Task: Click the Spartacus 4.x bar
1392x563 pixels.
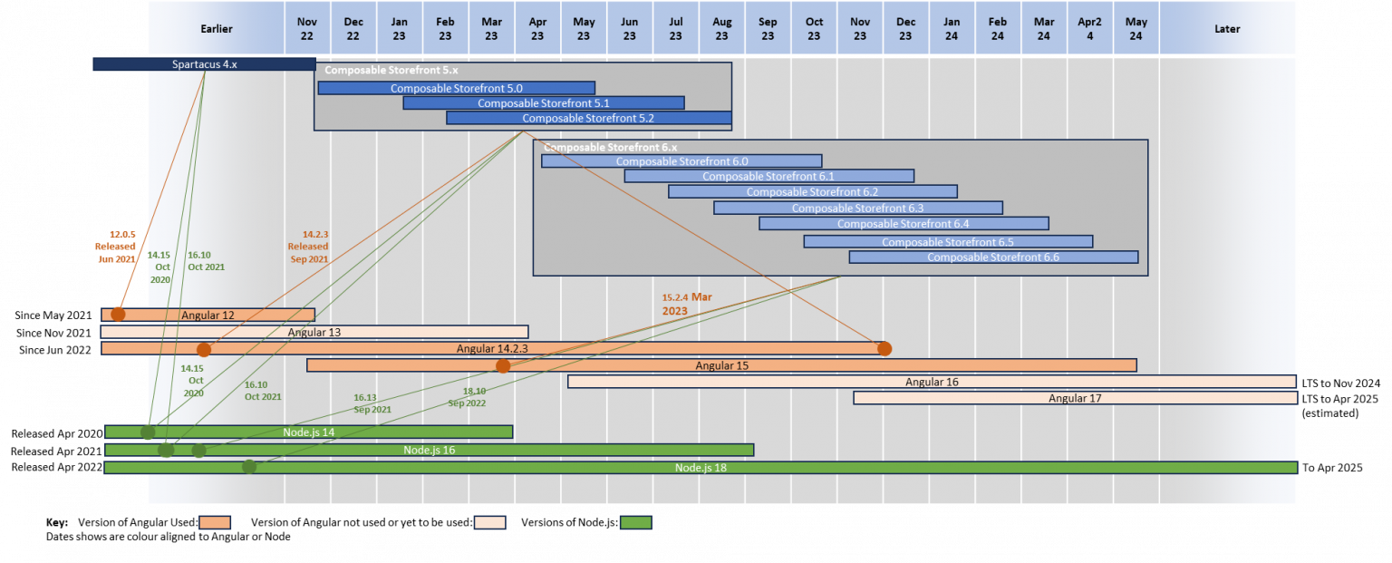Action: [204, 64]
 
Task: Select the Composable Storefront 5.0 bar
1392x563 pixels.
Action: [456, 88]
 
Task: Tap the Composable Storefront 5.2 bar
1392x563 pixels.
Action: [588, 118]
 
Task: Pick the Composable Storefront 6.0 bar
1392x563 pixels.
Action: [681, 161]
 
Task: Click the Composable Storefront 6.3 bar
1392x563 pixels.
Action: [857, 208]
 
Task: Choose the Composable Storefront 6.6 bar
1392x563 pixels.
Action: [992, 257]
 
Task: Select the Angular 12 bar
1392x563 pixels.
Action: [208, 315]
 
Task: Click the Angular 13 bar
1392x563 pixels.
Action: [314, 332]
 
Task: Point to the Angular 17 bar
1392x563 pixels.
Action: [1075, 398]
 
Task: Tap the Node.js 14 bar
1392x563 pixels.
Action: [308, 432]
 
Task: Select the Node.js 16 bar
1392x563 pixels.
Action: [429, 450]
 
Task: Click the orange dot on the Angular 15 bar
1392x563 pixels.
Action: [503, 365]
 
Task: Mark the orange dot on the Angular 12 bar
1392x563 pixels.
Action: [118, 315]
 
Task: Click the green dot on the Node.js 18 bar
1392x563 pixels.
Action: [249, 467]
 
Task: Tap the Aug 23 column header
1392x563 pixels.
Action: [721, 28]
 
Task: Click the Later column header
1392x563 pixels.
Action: [1227, 28]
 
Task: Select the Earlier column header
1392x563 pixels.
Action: [216, 28]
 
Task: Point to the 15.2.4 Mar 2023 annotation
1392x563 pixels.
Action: [686, 304]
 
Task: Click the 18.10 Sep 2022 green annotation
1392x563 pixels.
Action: [468, 397]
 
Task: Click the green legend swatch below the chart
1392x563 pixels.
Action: [635, 522]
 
